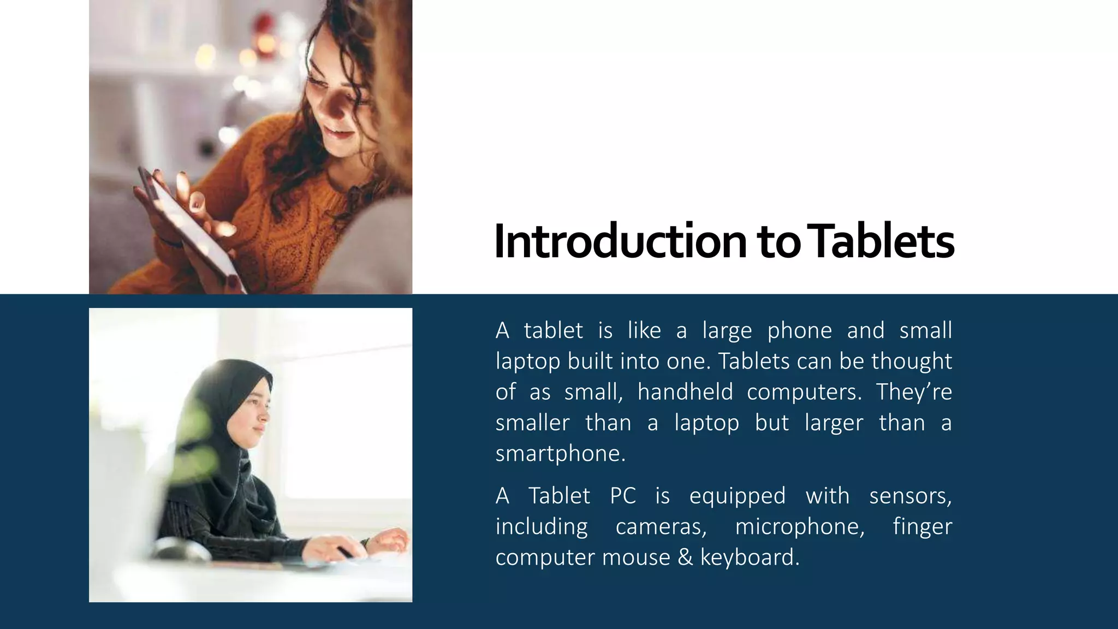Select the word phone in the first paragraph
[x=799, y=331]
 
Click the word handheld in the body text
[x=685, y=392]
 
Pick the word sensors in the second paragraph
[x=910, y=496]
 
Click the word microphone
[x=800, y=527]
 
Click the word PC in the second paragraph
[x=623, y=496]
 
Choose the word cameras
[x=661, y=527]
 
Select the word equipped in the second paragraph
[x=737, y=496]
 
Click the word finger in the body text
[x=922, y=527]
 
